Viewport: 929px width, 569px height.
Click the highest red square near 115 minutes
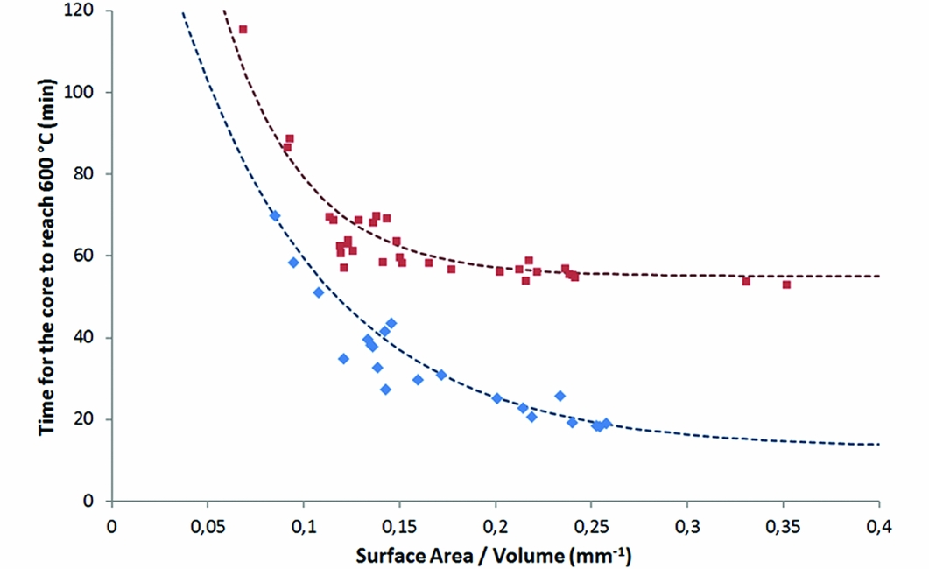(x=243, y=29)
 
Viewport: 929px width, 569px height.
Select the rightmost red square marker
(x=786, y=284)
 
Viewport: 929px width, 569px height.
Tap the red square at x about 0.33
(x=746, y=281)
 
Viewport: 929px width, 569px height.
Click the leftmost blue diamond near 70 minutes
(x=275, y=215)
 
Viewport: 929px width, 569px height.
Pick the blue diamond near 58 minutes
(x=293, y=263)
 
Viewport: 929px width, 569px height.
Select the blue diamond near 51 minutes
(x=319, y=292)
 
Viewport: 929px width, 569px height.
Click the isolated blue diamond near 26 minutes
(x=560, y=396)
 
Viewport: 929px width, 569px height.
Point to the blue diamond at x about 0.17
(x=441, y=375)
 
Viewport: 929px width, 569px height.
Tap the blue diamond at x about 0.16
(x=418, y=380)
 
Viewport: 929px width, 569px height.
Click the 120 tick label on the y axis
(x=87, y=11)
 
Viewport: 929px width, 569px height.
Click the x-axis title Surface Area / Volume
(x=494, y=554)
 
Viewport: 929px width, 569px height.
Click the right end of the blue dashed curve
(x=877, y=444)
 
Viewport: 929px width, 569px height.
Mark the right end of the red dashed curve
(x=877, y=276)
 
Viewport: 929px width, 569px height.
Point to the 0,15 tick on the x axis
(x=399, y=502)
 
